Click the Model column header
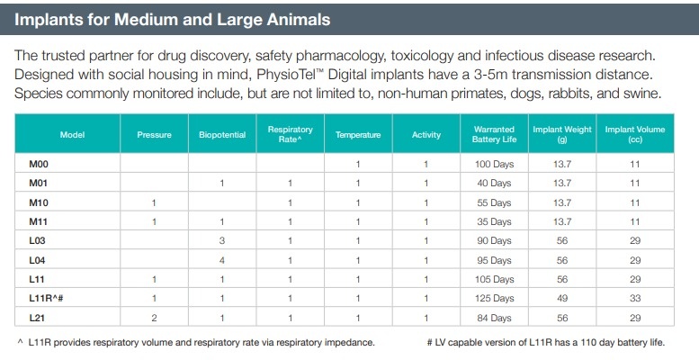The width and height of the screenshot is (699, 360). pyautogui.click(x=72, y=135)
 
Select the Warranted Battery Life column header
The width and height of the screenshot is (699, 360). pyautogui.click(x=494, y=135)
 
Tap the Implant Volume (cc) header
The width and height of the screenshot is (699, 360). pyautogui.click(x=634, y=135)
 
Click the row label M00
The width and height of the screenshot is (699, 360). pyautogui.click(x=38, y=164)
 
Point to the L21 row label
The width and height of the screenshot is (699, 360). pyautogui.click(x=36, y=317)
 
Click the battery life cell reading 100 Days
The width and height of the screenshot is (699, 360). pyautogui.click(x=494, y=164)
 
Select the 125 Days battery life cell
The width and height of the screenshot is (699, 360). pyautogui.click(x=494, y=298)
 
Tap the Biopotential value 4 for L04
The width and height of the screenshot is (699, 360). pyautogui.click(x=221, y=260)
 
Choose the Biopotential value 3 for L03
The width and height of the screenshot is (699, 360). pyautogui.click(x=221, y=241)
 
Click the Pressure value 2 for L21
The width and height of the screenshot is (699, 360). pyautogui.click(x=154, y=317)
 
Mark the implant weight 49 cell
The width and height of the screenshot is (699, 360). pyautogui.click(x=562, y=298)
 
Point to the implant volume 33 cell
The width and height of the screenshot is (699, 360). pyautogui.click(x=634, y=298)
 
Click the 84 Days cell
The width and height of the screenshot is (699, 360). pyautogui.click(x=494, y=317)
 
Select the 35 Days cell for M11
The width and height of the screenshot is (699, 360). pyautogui.click(x=494, y=221)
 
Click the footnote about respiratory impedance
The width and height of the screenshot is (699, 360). pyautogui.click(x=196, y=342)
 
